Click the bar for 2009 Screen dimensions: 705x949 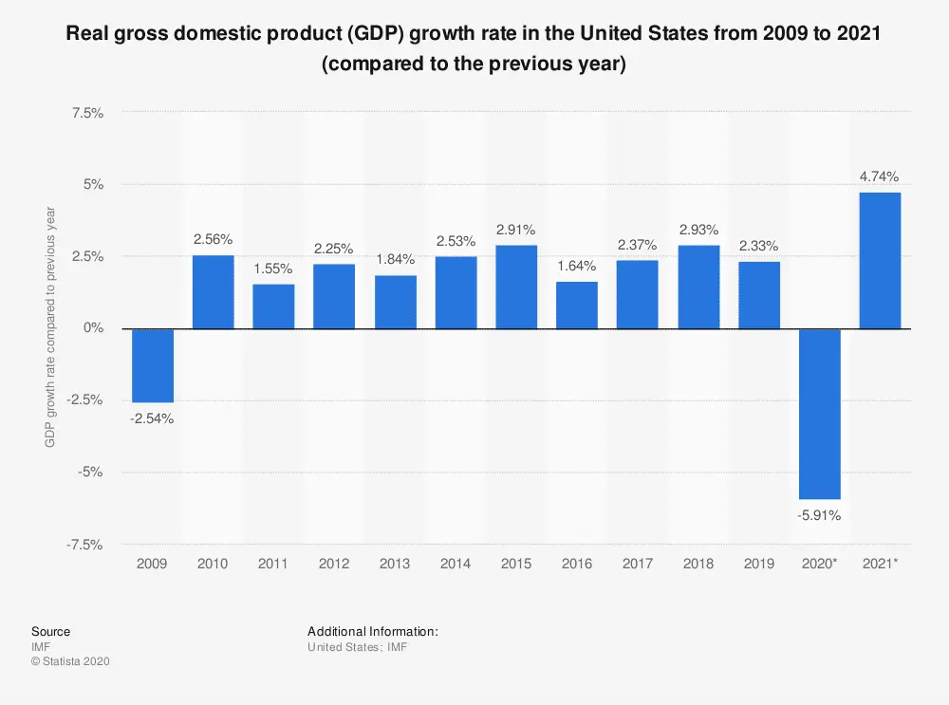click(152, 365)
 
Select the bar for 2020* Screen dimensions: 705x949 click(820, 414)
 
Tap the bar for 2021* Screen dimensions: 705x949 click(881, 260)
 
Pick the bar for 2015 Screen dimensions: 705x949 click(516, 287)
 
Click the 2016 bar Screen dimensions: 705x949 click(577, 305)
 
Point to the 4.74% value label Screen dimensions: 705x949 click(881, 176)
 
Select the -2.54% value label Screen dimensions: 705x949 click(152, 418)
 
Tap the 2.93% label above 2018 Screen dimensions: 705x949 click(698, 229)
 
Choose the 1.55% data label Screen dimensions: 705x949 click(273, 269)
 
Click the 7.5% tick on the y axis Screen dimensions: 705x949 click(87, 112)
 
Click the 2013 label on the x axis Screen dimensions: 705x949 click(395, 564)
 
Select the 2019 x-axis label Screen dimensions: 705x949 click(759, 564)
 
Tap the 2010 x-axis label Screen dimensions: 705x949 click(213, 564)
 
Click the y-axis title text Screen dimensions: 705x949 click(52, 328)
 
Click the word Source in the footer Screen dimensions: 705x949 click(50, 631)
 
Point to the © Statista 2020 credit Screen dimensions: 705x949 click(71, 661)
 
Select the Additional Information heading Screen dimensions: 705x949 click(372, 631)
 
